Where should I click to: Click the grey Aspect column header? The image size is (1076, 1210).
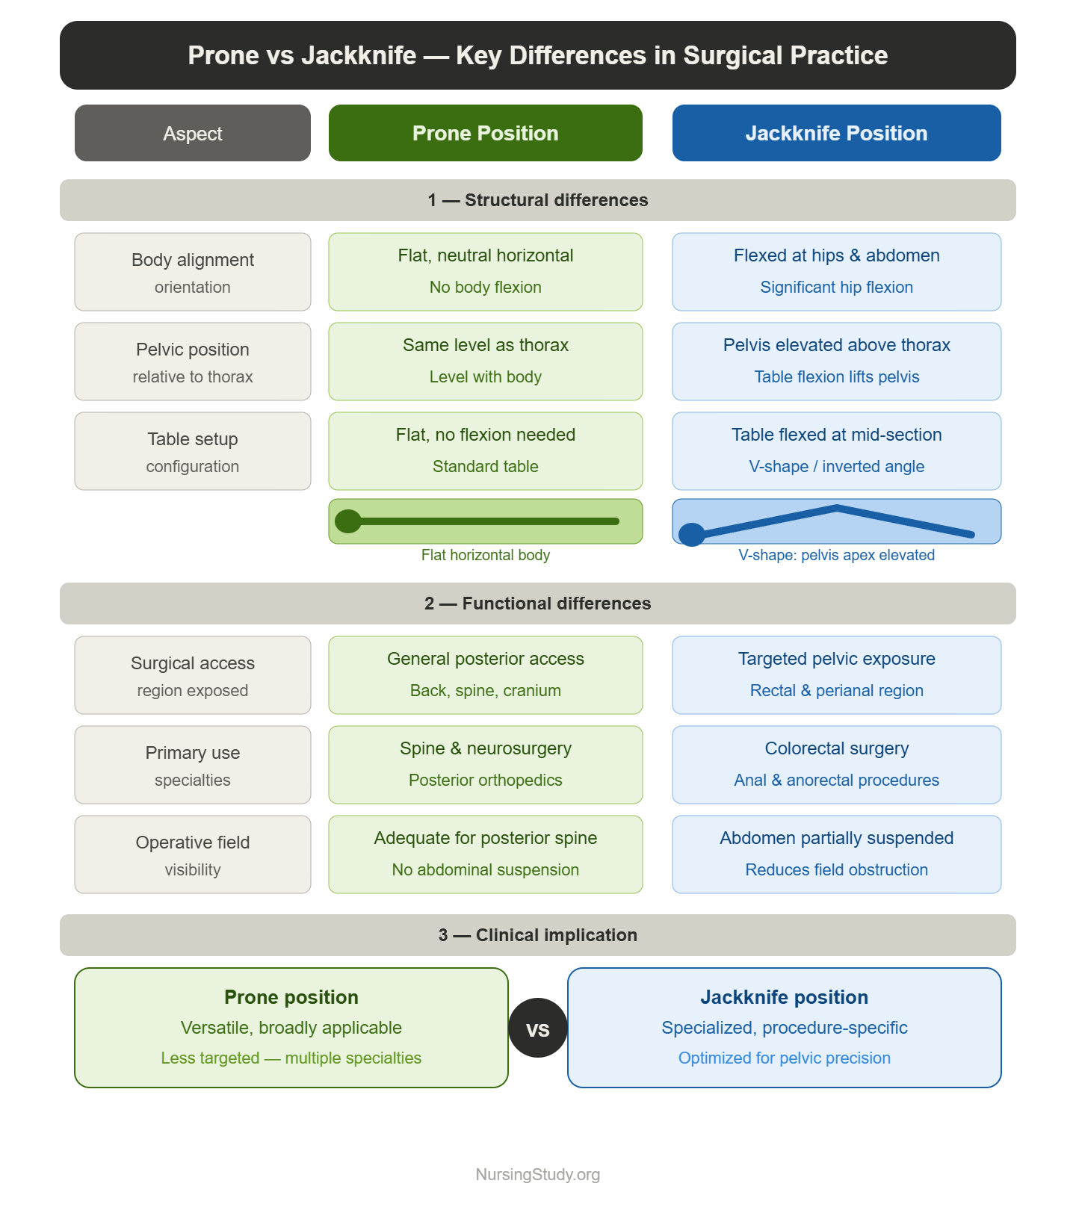[x=193, y=133]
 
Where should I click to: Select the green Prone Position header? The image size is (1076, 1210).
[x=486, y=133]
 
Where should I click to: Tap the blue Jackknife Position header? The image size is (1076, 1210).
[x=837, y=133]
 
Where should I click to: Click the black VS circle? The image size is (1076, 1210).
[x=538, y=1028]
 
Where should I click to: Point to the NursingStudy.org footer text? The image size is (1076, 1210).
[x=538, y=1175]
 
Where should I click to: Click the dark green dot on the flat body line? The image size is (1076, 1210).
[x=348, y=521]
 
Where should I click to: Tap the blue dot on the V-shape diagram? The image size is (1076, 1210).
[x=692, y=534]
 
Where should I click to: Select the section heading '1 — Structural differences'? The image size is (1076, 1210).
[x=538, y=200]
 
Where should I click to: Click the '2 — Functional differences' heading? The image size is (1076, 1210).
[x=538, y=604]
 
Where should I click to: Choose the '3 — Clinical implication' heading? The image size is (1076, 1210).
[x=538, y=935]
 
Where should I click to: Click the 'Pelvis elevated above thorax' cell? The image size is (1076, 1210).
[x=837, y=362]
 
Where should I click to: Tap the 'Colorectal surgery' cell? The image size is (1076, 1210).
[x=837, y=765]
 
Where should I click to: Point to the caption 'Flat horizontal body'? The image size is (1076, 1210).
[x=486, y=555]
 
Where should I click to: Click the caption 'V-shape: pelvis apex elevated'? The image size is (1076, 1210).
[x=837, y=555]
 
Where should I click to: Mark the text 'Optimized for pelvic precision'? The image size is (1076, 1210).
[x=785, y=1058]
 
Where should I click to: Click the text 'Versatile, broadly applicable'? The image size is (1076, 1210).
[x=291, y=1028]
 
